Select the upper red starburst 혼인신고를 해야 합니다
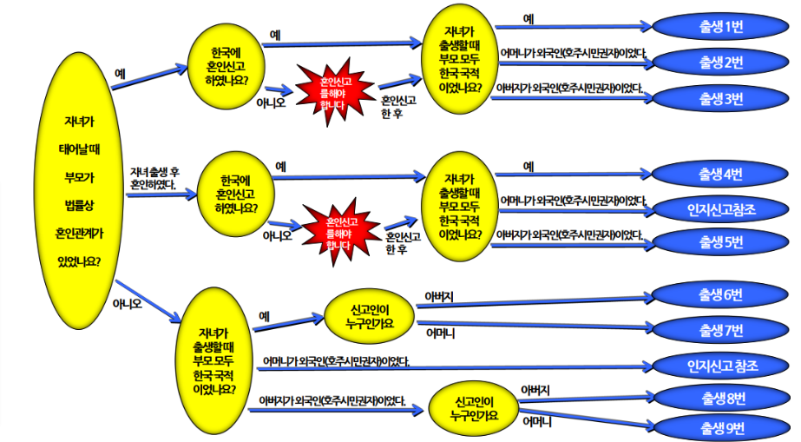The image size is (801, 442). click(x=332, y=92)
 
